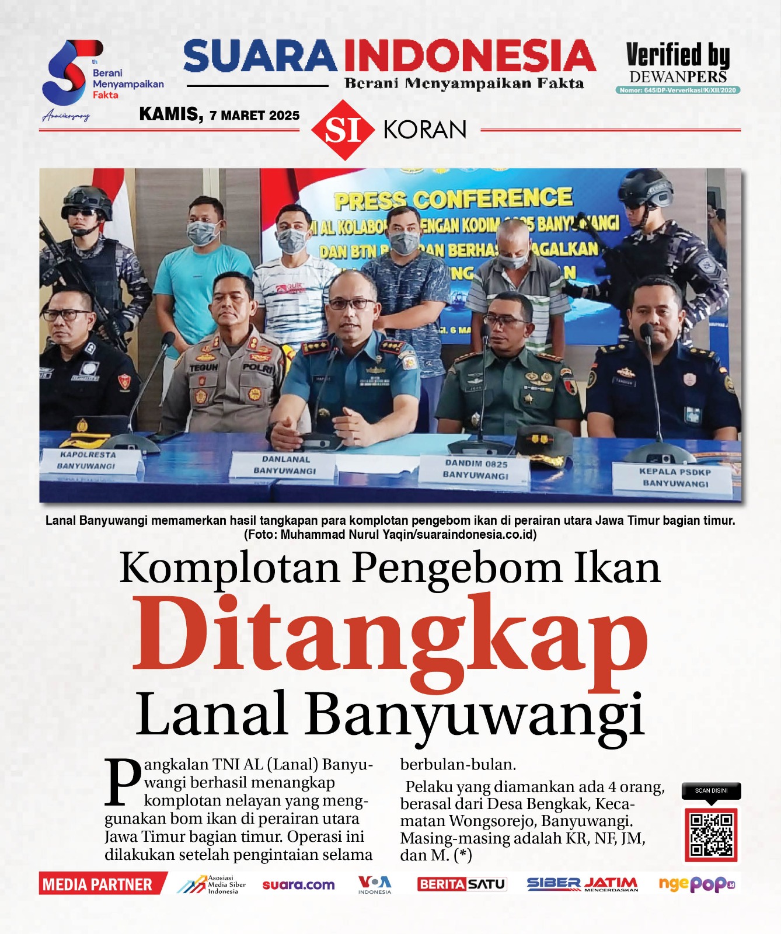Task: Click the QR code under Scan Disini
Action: (711, 835)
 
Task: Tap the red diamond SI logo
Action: (343, 130)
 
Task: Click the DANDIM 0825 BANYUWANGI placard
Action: (476, 470)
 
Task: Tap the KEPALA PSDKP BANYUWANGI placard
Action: (675, 478)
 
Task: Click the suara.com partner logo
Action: (298, 885)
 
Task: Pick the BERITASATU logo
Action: (462, 884)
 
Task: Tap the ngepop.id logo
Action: (696, 884)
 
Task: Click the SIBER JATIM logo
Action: (582, 884)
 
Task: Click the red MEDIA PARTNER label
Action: (98, 884)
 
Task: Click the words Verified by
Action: (678, 55)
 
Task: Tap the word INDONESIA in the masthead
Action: (469, 57)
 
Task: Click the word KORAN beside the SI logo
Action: (425, 130)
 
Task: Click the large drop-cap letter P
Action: (123, 781)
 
